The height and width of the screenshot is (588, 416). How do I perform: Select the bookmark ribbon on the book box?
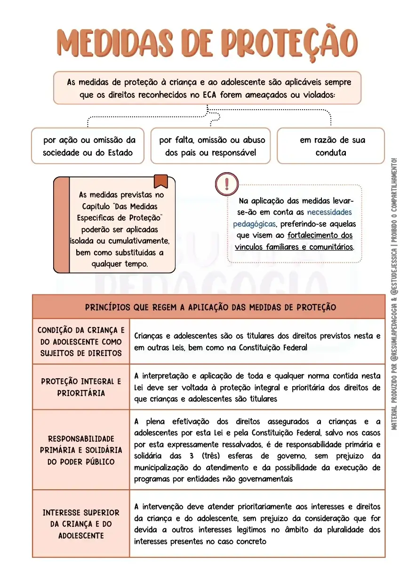click(161, 181)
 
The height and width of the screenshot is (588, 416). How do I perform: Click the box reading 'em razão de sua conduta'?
click(331, 146)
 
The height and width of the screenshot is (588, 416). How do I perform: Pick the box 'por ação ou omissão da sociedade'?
click(88, 146)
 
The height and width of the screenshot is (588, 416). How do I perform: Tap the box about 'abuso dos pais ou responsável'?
click(211, 146)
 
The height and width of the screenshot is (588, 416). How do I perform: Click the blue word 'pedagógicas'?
click(254, 224)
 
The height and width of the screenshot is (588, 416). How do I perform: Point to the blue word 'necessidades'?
click(329, 212)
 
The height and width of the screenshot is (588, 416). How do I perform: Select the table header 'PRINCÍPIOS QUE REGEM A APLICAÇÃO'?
click(210, 307)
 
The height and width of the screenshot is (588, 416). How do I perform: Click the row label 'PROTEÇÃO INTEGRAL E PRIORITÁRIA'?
click(81, 387)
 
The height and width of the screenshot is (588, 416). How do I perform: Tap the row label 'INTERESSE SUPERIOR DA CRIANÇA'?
click(81, 524)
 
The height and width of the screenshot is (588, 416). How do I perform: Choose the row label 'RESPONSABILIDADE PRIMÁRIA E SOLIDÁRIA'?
click(81, 450)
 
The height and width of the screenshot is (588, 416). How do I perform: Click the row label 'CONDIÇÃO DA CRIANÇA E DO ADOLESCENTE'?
click(81, 342)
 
